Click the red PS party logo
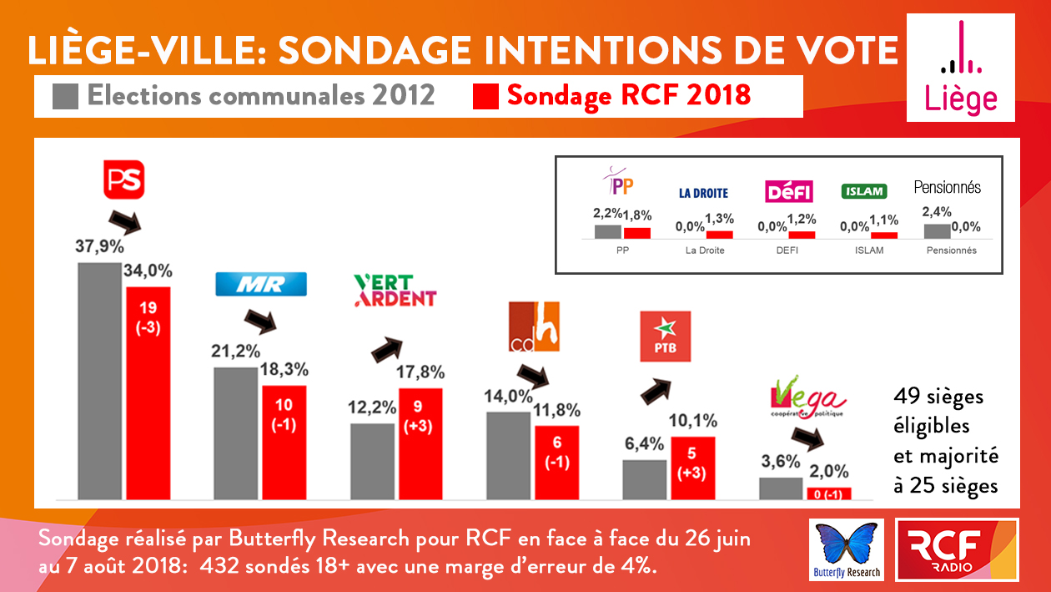tap(124, 180)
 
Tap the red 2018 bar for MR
tap(284, 438)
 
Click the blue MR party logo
tap(261, 284)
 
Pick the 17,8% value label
tap(420, 372)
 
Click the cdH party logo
tap(533, 326)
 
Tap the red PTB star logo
tap(665, 336)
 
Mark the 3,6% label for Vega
tap(781, 462)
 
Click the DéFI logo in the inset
tap(788, 192)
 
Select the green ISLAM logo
tap(863, 191)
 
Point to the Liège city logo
tap(961, 68)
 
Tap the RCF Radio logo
tap(956, 549)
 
